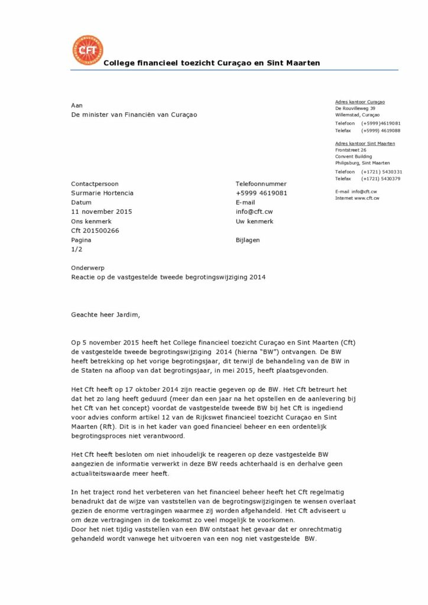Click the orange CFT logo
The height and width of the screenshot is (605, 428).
pyautogui.click(x=87, y=50)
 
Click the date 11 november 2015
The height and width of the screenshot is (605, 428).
pyautogui.click(x=101, y=212)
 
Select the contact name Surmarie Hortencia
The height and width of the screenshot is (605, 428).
pyautogui.click(x=102, y=193)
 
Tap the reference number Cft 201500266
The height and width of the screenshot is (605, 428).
pyautogui.click(x=95, y=230)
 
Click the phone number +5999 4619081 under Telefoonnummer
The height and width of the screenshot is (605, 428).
pyautogui.click(x=261, y=193)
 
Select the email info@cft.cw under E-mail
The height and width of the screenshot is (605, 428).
pyautogui.click(x=254, y=212)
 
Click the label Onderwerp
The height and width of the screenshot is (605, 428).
pyautogui.click(x=87, y=268)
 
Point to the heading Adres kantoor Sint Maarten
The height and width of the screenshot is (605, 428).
pyautogui.click(x=365, y=144)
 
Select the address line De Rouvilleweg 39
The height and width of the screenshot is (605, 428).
pyautogui.click(x=355, y=108)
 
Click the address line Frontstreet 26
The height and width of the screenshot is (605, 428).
pyautogui.click(x=351, y=150)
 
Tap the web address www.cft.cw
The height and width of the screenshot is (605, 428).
pyautogui.click(x=367, y=199)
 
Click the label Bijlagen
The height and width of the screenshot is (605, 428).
pyautogui.click(x=248, y=240)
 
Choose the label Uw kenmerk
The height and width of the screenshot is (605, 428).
pyautogui.click(x=254, y=221)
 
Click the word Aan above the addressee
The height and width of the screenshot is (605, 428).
pyautogui.click(x=76, y=105)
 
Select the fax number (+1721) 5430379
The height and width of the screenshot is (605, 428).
pyautogui.click(x=381, y=178)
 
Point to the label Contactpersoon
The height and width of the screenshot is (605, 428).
pyautogui.click(x=95, y=184)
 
